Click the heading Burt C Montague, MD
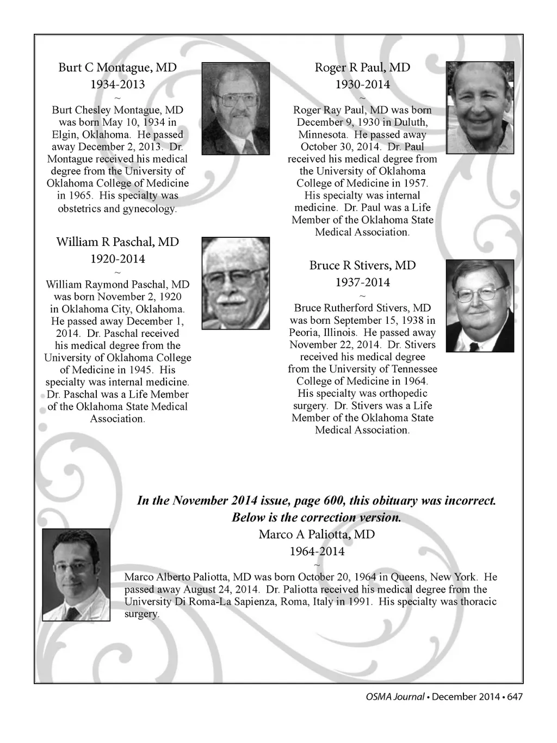(117, 67)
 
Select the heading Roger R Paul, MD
(362, 67)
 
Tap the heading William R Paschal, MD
(117, 242)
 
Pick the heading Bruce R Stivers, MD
(362, 265)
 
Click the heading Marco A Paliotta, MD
(317, 534)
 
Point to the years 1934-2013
(117, 84)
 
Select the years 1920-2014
(117, 259)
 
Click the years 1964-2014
(317, 551)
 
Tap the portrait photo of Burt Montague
(236, 108)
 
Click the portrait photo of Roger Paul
(480, 108)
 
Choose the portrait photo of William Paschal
(236, 283)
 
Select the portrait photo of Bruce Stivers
(480, 305)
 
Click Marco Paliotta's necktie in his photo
(71, 612)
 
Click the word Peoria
(306, 333)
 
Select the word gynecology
(149, 208)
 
